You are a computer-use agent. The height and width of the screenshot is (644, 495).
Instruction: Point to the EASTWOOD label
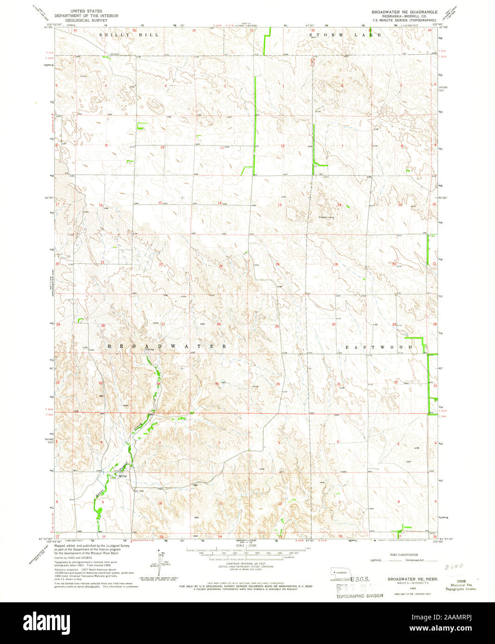378,347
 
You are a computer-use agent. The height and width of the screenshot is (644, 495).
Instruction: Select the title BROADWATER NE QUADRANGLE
404,10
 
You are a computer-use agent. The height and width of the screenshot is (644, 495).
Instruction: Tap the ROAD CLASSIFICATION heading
404,555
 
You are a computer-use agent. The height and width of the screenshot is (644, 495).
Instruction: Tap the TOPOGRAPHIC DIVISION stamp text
359,595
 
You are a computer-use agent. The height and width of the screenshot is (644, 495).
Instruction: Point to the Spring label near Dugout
122,476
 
